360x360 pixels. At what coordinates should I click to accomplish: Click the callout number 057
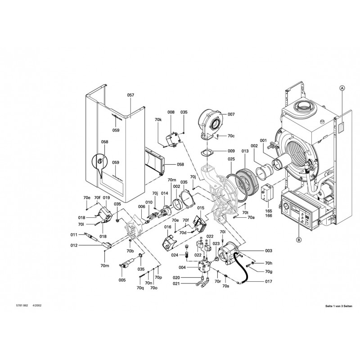click(130, 95)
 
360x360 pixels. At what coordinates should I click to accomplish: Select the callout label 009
click(231, 151)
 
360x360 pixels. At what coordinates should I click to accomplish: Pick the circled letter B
click(298, 239)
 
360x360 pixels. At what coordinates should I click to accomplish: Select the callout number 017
click(269, 283)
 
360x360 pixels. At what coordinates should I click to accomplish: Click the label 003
click(269, 250)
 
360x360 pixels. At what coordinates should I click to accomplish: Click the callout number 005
click(122, 280)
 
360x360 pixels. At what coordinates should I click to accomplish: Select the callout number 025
click(231, 159)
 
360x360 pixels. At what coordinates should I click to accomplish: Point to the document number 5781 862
click(22, 306)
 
